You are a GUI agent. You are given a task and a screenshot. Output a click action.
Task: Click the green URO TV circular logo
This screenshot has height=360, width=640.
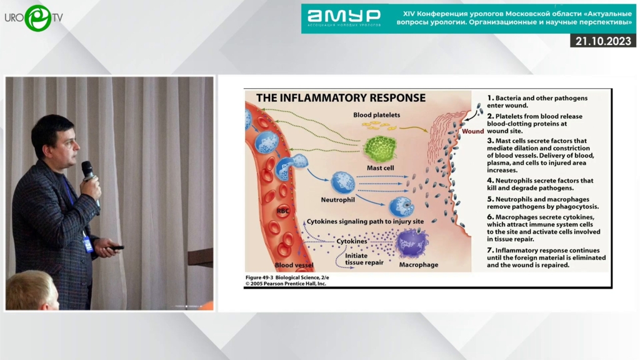(38, 18)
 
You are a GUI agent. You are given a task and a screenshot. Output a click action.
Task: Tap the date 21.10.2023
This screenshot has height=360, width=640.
(603, 41)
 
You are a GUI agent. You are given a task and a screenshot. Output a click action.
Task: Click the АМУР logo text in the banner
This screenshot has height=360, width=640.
(344, 17)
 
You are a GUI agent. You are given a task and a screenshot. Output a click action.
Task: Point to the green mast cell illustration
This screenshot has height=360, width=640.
(380, 149)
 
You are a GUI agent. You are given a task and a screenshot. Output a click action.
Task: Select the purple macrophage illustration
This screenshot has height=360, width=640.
(412, 243)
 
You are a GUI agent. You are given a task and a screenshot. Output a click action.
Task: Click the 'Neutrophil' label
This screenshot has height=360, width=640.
(337, 199)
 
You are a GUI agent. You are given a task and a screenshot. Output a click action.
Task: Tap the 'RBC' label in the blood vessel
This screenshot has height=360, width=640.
(283, 211)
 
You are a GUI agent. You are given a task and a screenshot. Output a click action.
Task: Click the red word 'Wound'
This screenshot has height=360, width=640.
(472, 131)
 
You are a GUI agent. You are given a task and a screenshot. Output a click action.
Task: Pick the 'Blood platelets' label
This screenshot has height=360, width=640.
(376, 115)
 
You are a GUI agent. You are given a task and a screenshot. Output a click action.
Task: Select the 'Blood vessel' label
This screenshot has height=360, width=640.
(294, 265)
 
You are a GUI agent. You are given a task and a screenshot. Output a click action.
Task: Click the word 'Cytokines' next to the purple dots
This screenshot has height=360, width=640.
(351, 241)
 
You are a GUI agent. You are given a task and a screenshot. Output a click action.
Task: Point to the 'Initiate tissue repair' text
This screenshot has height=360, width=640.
(364, 259)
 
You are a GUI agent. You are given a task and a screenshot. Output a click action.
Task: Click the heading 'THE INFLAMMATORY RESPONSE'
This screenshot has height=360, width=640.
(341, 98)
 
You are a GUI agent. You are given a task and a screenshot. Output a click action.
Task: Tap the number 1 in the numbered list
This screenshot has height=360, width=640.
(490, 98)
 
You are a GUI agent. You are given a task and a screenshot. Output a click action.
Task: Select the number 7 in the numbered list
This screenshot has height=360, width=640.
(490, 250)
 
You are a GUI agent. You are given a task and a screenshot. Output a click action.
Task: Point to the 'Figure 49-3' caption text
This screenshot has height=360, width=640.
(259, 277)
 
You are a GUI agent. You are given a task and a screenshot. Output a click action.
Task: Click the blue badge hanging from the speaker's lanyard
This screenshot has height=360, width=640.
(88, 244)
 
